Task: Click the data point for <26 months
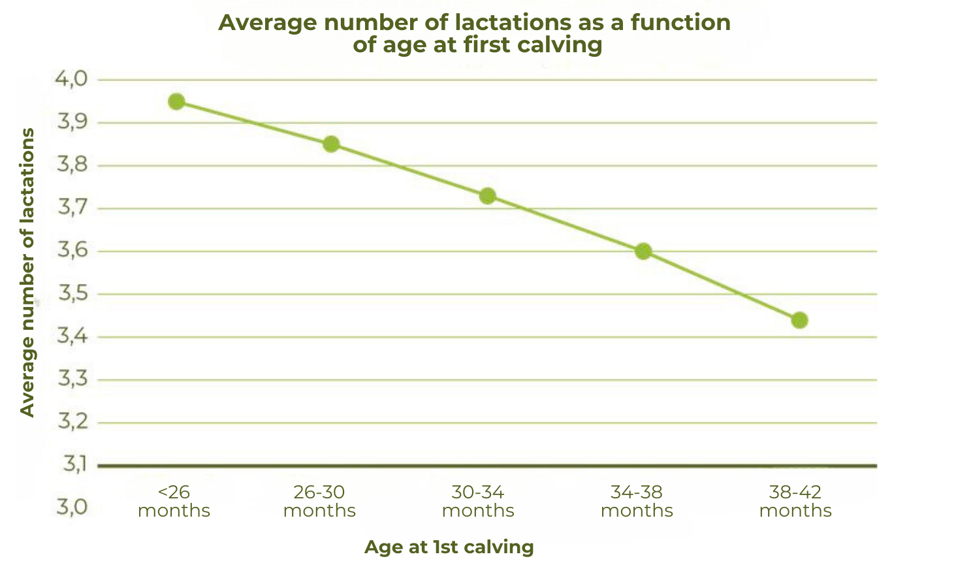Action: pyautogui.click(x=176, y=101)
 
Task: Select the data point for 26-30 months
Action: pyautogui.click(x=331, y=144)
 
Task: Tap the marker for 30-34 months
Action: pyautogui.click(x=487, y=196)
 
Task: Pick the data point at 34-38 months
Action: pyautogui.click(x=643, y=251)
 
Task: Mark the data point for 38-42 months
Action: pyautogui.click(x=799, y=320)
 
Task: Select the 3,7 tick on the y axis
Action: pyautogui.click(x=72, y=208)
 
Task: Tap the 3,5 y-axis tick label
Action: pyautogui.click(x=72, y=294)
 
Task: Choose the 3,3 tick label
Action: pyautogui.click(x=72, y=379)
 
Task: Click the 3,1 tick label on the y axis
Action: pyautogui.click(x=74, y=464)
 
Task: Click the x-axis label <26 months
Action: pyautogui.click(x=174, y=501)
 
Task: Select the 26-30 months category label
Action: pyautogui.click(x=319, y=501)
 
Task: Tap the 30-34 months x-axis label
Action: pyautogui.click(x=478, y=501)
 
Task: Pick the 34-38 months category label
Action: pyautogui.click(x=637, y=501)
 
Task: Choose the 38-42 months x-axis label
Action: pyautogui.click(x=795, y=501)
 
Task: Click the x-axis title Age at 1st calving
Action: pyautogui.click(x=449, y=547)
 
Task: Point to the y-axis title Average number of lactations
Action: pyautogui.click(x=27, y=272)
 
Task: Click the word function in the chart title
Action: pyautogui.click(x=680, y=23)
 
